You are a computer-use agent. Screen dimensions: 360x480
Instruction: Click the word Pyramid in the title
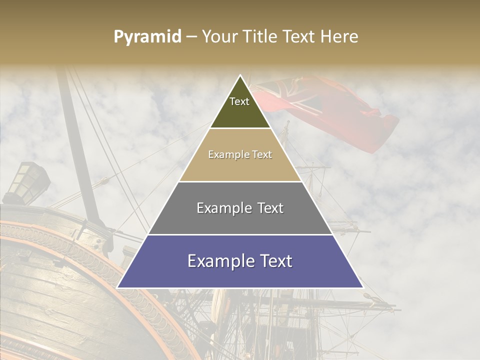pyautogui.click(x=147, y=37)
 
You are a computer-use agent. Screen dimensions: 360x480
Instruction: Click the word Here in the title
pyautogui.click(x=339, y=37)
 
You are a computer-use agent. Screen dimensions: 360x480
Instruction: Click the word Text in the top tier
pyautogui.click(x=239, y=101)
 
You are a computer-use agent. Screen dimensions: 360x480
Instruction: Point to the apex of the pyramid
pyautogui.click(x=240, y=75)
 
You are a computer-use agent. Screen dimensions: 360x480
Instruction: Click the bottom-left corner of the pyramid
pyautogui.click(x=117, y=287)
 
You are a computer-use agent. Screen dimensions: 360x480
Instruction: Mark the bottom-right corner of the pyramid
pyautogui.click(x=363, y=287)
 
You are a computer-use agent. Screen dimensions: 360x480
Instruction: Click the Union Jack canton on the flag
pyautogui.click(x=280, y=92)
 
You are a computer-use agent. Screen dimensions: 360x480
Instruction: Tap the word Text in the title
pyautogui.click(x=300, y=37)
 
